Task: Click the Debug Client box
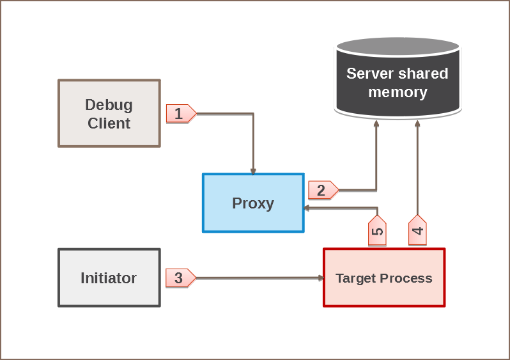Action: (x=109, y=113)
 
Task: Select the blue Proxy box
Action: (x=253, y=203)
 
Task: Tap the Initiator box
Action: (x=109, y=278)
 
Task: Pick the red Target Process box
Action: (x=383, y=278)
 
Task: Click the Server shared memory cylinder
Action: (x=398, y=83)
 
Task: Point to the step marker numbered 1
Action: (x=180, y=114)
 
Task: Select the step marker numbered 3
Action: (x=180, y=278)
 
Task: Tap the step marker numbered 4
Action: (x=417, y=231)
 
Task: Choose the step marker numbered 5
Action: (x=377, y=231)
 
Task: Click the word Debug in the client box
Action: (x=109, y=104)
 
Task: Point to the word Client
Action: (x=109, y=123)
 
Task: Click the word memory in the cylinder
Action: (x=398, y=92)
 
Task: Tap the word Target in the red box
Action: (x=355, y=278)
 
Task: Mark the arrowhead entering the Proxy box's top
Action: (x=253, y=171)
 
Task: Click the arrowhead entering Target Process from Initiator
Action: (x=321, y=278)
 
